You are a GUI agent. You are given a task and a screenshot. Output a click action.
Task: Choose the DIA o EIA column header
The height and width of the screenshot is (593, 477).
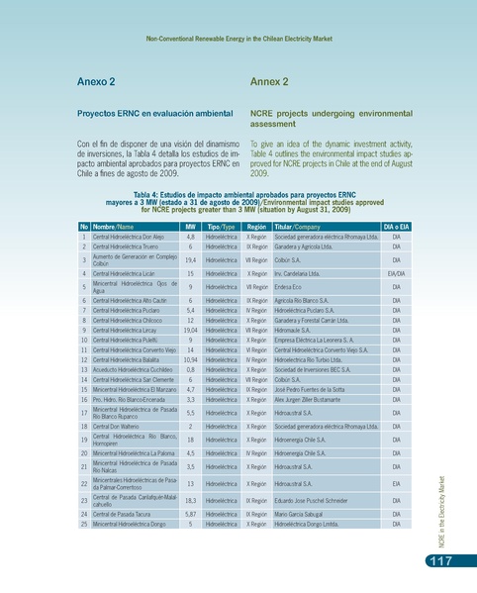pyautogui.click(x=396, y=227)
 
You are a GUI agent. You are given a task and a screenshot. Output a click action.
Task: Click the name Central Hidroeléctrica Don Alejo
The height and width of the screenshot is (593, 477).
pyautogui.click(x=129, y=238)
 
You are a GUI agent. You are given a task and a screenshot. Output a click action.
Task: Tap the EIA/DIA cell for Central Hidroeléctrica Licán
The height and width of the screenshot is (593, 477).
pyautogui.click(x=396, y=272)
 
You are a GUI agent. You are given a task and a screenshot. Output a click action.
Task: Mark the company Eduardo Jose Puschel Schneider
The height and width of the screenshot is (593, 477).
pyautogui.click(x=317, y=501)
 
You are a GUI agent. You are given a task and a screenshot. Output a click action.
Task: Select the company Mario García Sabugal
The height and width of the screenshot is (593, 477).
pyautogui.click(x=308, y=515)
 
